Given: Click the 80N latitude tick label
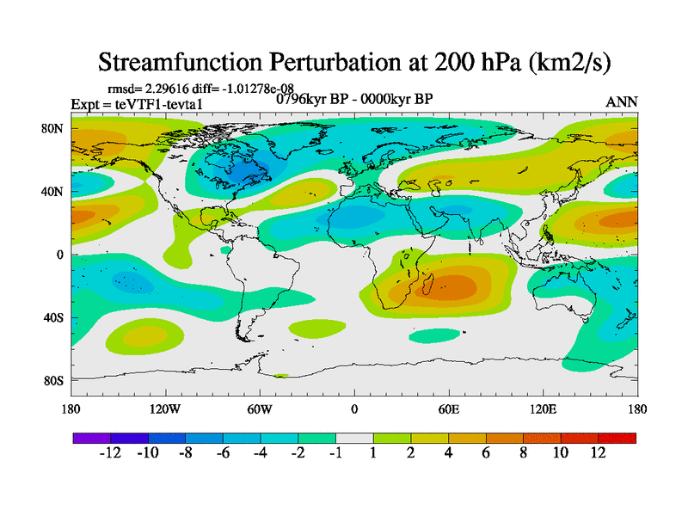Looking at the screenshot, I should click(x=53, y=129).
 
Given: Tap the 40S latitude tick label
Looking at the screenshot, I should click(x=53, y=317).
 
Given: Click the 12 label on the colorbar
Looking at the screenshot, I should click(x=598, y=453).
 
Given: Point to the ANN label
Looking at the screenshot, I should click(x=622, y=102).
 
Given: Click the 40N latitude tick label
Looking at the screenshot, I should click(x=53, y=192).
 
